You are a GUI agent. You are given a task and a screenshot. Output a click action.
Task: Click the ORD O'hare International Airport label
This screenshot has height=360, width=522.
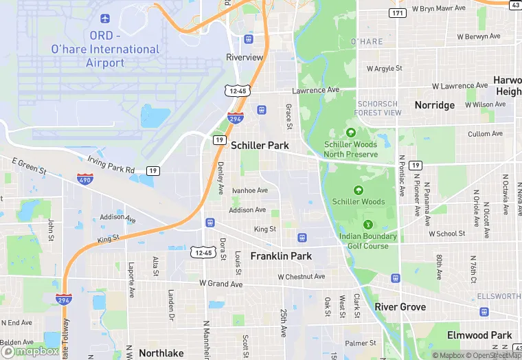(105, 49)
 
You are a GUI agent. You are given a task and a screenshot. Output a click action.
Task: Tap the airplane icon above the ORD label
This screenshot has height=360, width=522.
(104, 18)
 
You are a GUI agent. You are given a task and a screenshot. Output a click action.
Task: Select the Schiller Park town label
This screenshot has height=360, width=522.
(260, 146)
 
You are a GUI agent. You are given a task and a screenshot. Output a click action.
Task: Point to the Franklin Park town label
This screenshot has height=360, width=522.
(281, 256)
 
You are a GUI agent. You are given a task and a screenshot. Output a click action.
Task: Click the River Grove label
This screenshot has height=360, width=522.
(400, 306)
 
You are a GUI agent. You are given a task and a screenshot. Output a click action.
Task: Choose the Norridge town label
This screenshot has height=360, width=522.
(434, 105)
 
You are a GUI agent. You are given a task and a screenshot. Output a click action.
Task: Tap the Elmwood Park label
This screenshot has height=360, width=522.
(479, 335)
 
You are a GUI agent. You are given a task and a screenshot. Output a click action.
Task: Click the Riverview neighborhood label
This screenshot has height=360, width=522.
(245, 57)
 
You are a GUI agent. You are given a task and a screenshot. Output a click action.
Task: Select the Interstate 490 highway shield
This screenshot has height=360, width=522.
(85, 179)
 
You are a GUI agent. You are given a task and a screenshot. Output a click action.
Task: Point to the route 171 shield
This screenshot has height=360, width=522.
(397, 13)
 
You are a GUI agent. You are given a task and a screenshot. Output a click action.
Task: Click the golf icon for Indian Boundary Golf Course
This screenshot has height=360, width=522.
(368, 225)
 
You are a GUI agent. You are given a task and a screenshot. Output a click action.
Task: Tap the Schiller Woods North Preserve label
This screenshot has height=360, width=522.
(351, 149)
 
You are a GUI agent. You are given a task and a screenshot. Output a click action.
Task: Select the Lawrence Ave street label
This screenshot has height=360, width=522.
(316, 90)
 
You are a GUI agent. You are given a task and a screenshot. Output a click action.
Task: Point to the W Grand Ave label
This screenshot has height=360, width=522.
(221, 284)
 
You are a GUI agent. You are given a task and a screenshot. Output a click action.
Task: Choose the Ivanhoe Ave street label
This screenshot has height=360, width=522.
(250, 190)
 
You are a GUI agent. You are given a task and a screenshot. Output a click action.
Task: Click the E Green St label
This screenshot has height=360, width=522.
(29, 166)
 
